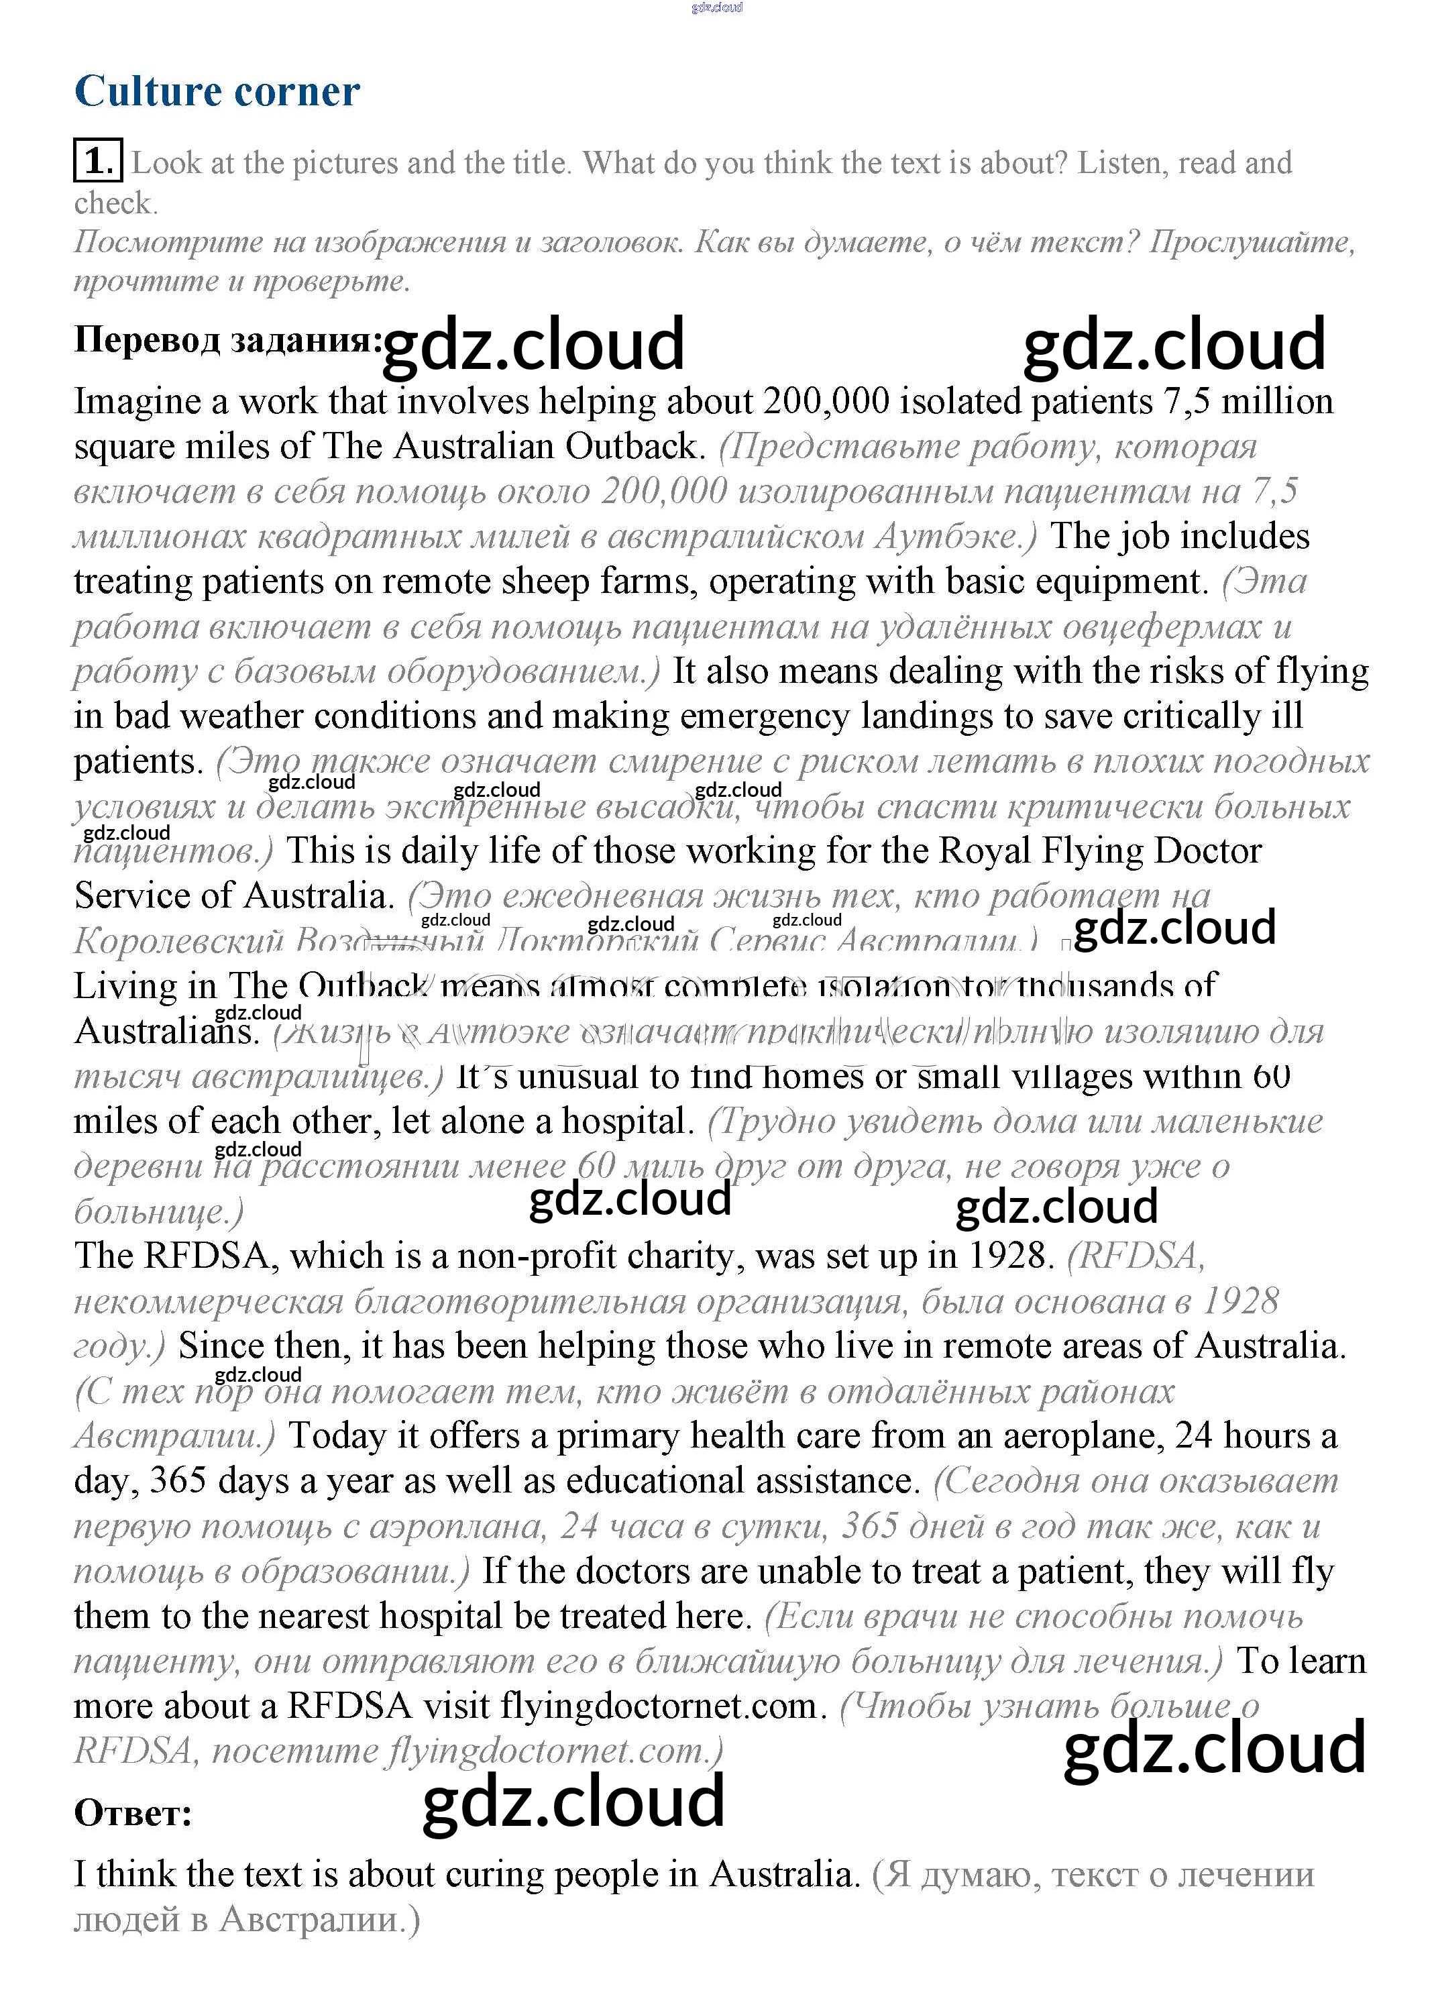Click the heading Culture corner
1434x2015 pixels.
click(x=217, y=91)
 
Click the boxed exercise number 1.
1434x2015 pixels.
click(x=97, y=162)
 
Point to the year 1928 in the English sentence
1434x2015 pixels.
click(x=1007, y=1256)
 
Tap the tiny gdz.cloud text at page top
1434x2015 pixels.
click(x=716, y=7)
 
